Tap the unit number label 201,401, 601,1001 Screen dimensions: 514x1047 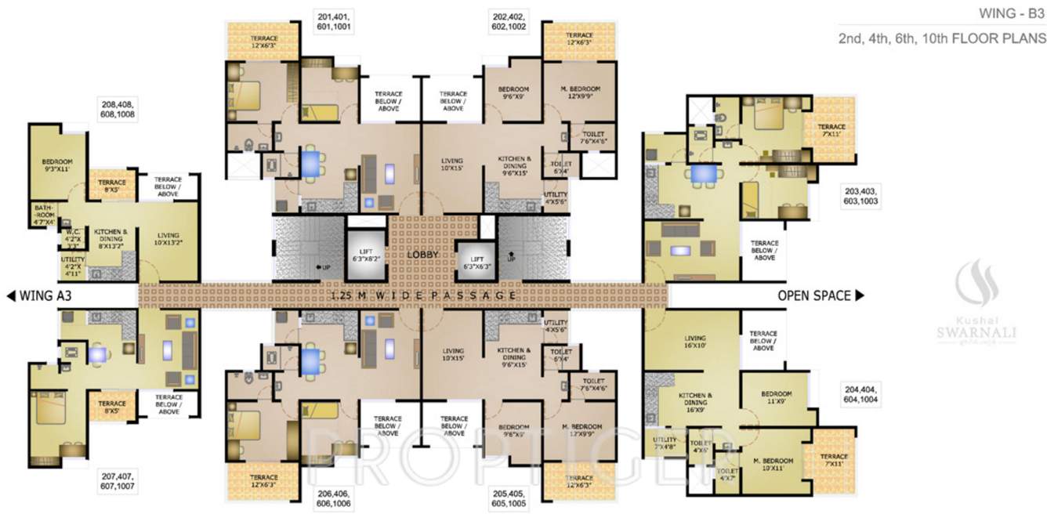pyautogui.click(x=334, y=20)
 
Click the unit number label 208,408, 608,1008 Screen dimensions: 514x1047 pyautogui.click(x=117, y=108)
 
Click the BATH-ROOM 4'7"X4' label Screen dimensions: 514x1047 pyautogui.click(x=44, y=214)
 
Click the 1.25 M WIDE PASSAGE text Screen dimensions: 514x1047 pyautogui.click(x=424, y=295)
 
